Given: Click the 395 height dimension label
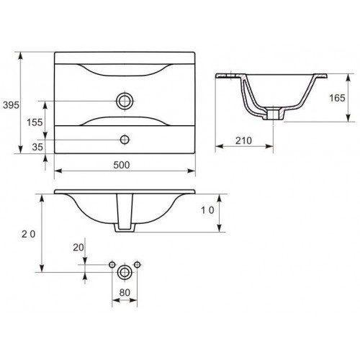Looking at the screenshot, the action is click(x=11, y=105).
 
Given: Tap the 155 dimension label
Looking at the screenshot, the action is click(x=35, y=122).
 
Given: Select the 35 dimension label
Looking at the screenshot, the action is click(x=37, y=147).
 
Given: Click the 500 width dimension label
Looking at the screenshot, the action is click(x=122, y=165).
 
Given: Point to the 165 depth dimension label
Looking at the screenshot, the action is click(x=337, y=98).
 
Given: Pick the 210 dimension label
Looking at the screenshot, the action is click(x=243, y=140).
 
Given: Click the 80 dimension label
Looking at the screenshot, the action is click(x=125, y=292).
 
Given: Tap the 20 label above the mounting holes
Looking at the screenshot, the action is click(x=78, y=248).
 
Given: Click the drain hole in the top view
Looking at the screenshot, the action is click(x=125, y=101).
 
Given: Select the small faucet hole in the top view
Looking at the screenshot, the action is click(x=125, y=140).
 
